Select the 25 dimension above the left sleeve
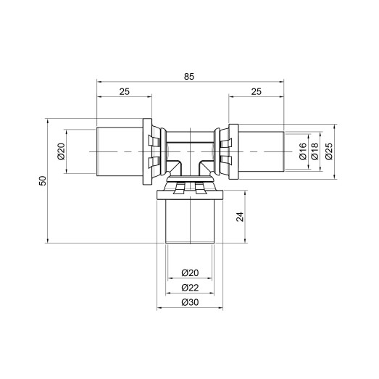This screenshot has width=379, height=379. pyautogui.click(x=125, y=92)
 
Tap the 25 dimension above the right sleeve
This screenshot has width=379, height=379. pyautogui.click(x=257, y=92)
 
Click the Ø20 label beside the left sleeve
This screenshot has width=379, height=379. pyautogui.click(x=61, y=151)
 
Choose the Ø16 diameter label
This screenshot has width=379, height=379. pyautogui.click(x=302, y=151)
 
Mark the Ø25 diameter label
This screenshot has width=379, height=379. pyautogui.click(x=328, y=151)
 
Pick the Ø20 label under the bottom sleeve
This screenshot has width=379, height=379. pyautogui.click(x=189, y=272)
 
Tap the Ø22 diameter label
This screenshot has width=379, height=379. pyautogui.click(x=189, y=287)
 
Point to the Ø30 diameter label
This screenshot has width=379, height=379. pyautogui.click(x=189, y=301)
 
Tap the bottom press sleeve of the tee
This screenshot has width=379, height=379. pyautogui.click(x=189, y=221)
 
